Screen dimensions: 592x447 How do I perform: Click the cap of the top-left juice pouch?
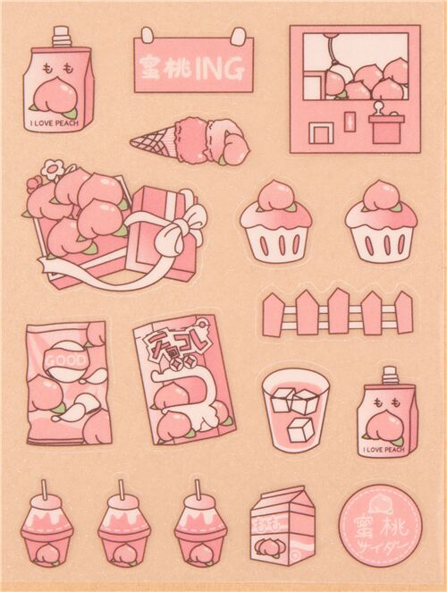coord(61,36)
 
